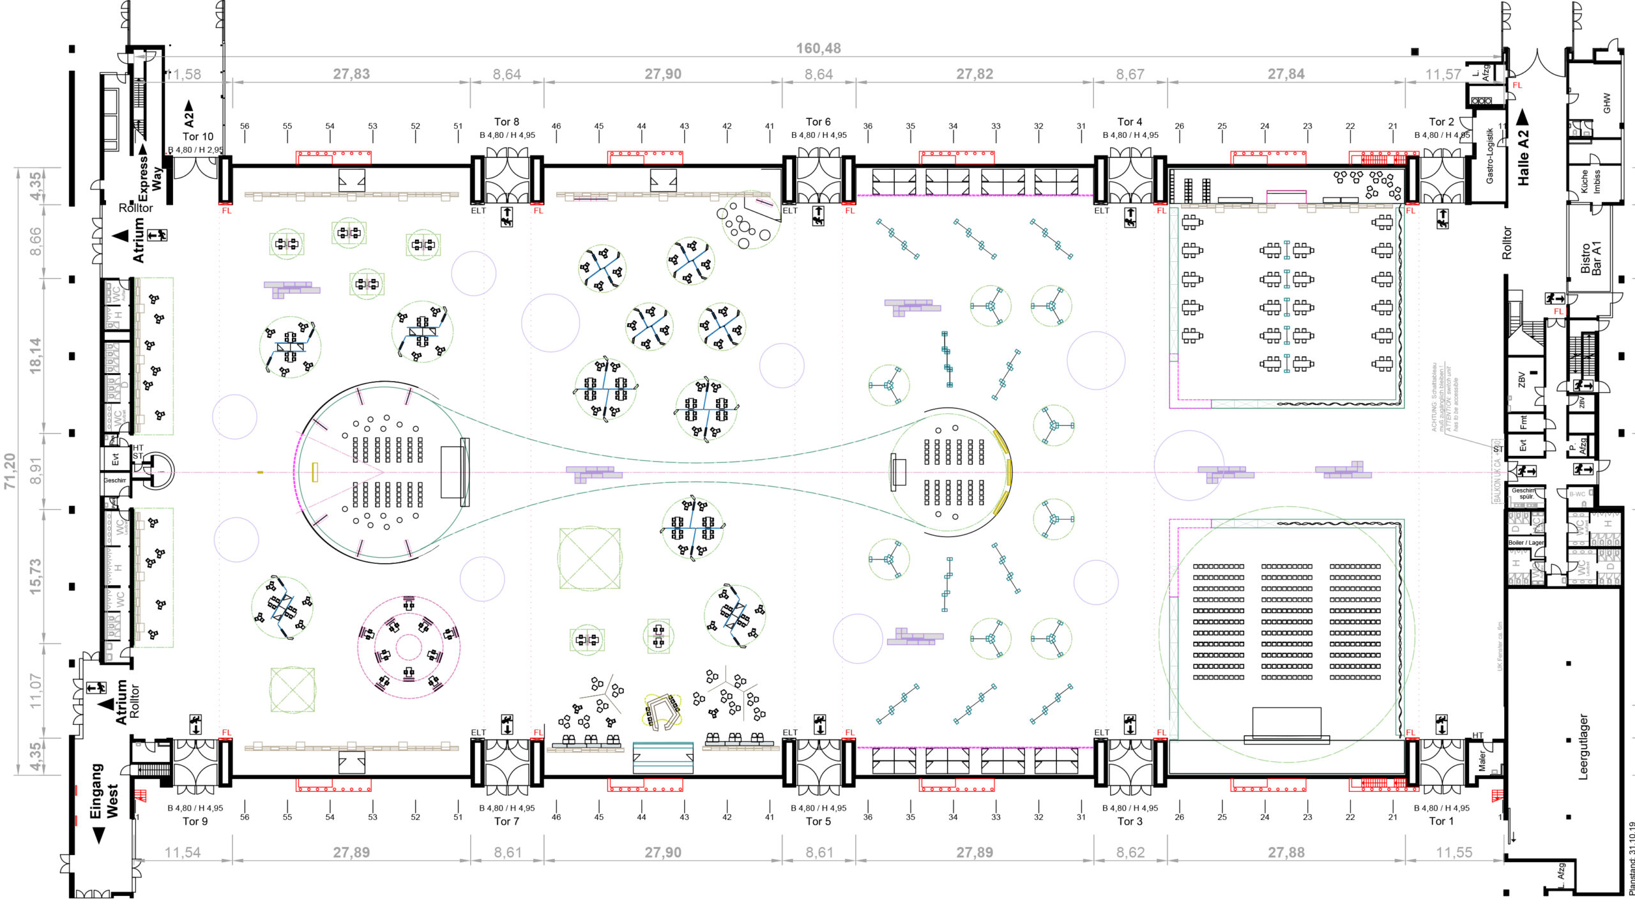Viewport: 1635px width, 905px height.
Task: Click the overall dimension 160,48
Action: (x=818, y=49)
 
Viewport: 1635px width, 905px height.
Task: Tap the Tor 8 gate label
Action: (x=506, y=121)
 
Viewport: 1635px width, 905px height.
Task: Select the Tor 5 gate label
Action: (x=818, y=821)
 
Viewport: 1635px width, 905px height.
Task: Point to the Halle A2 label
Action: (x=1524, y=157)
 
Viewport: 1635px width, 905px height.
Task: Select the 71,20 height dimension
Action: (x=10, y=471)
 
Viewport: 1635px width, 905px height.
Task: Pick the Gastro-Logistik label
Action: (x=1489, y=156)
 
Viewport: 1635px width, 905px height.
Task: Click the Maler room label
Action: (x=1482, y=761)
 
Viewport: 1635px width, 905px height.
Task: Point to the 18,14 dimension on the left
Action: (x=35, y=355)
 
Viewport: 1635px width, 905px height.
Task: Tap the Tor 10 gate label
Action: (x=198, y=136)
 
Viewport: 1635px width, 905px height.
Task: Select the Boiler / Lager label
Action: (x=1526, y=543)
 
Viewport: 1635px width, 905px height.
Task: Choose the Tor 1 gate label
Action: (x=1441, y=821)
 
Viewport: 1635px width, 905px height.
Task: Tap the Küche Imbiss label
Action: (x=1590, y=181)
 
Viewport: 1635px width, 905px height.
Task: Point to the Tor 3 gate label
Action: (x=1130, y=821)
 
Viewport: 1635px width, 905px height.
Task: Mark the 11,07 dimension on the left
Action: (x=35, y=690)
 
